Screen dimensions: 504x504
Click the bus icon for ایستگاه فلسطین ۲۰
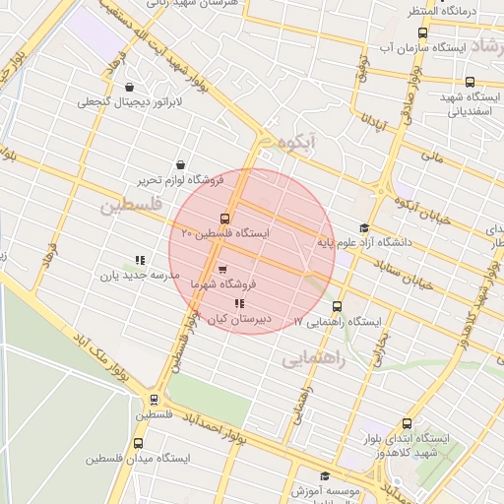[x=224, y=219]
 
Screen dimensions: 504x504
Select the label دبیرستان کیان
[x=239, y=319]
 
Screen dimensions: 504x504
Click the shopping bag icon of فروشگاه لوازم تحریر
[x=180, y=165]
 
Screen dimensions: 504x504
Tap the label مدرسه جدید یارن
[x=138, y=275]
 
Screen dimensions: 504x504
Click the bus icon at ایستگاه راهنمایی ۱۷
[x=338, y=306]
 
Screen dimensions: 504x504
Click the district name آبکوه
[x=301, y=142]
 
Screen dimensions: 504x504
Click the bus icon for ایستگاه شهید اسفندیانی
[x=470, y=83]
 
